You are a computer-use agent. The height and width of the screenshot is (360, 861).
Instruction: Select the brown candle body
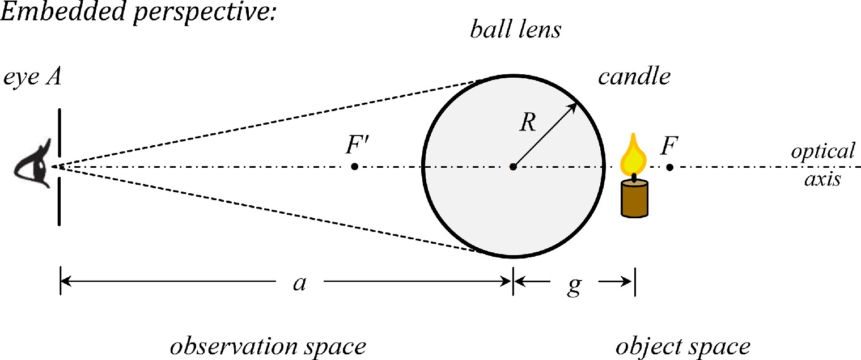(634, 198)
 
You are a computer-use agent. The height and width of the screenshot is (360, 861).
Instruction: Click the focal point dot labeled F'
(354, 167)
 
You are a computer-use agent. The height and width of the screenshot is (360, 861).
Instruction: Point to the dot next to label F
(670, 167)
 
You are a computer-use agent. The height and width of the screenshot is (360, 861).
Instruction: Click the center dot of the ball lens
(512, 167)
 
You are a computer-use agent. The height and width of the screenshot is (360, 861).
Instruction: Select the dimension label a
(299, 282)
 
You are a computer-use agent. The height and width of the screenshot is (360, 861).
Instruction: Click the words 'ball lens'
(515, 30)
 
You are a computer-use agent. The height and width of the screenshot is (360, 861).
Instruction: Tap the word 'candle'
(634, 77)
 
